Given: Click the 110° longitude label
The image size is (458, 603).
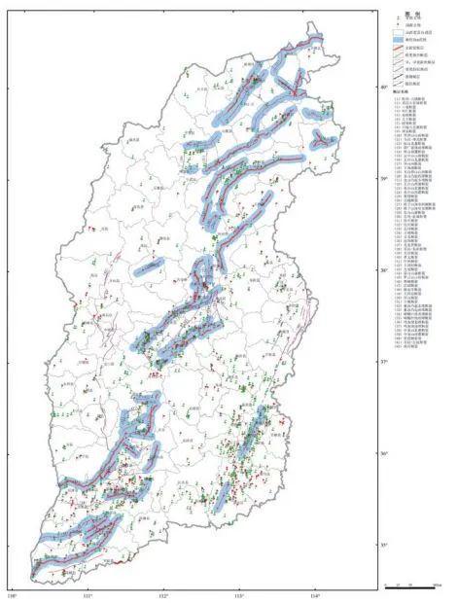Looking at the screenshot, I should [x=13, y=594].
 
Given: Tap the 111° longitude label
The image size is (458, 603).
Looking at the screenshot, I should [x=88, y=594].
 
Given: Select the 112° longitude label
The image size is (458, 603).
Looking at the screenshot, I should [x=163, y=594].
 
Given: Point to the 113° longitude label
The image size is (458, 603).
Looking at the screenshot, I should [x=239, y=594].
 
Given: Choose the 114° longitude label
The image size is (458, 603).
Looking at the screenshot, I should [x=315, y=594].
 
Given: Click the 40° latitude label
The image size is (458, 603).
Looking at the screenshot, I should [x=355, y=88].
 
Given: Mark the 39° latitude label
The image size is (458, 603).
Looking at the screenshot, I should [x=355, y=179].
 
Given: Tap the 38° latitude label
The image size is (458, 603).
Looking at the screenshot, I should [x=355, y=270].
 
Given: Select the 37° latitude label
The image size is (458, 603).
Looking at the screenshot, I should [x=355, y=362].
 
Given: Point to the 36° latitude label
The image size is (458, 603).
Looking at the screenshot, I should [x=355, y=453].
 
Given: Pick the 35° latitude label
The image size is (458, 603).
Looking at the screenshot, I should [x=355, y=545].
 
